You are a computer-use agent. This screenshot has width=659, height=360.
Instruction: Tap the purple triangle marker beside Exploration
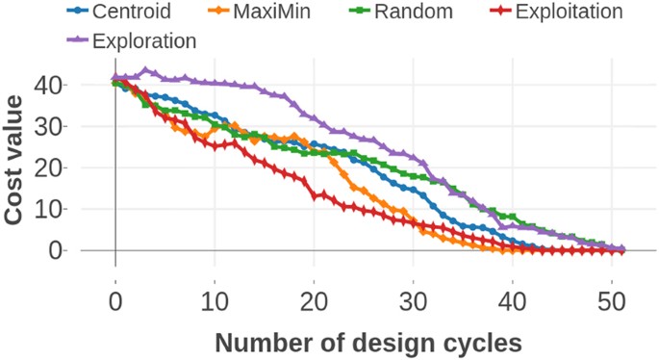pyautogui.click(x=77, y=40)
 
